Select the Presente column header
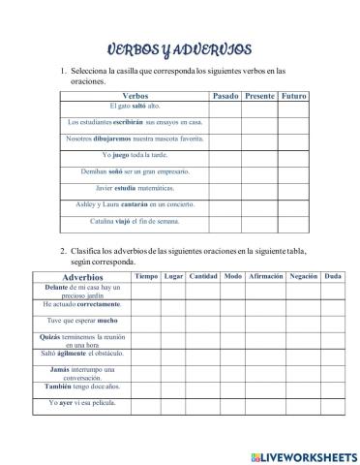259,96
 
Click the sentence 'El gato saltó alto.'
135,106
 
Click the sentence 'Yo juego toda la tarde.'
135,154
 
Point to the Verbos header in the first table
135,96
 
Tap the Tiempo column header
145,277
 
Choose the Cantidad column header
203,277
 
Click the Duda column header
331,277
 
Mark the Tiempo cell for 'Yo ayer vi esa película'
145,403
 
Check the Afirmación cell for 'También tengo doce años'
265,387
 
